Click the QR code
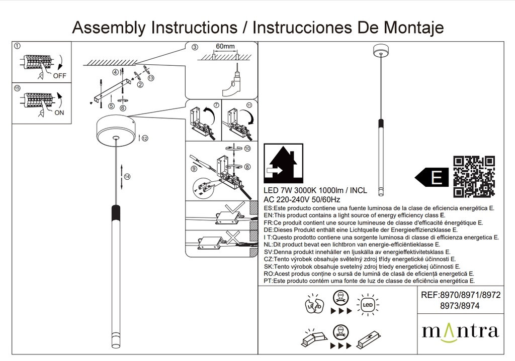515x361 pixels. point(474,176)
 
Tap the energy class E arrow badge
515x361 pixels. point(432,177)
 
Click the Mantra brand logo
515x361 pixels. point(460,331)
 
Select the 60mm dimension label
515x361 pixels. point(225,47)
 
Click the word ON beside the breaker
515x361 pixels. point(59,113)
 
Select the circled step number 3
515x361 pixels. point(195,48)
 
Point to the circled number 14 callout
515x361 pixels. point(127,177)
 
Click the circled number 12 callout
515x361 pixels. point(145,138)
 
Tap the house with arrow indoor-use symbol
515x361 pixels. point(284,163)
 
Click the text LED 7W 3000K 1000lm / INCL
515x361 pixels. point(315,191)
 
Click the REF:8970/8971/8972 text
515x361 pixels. point(460,296)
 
